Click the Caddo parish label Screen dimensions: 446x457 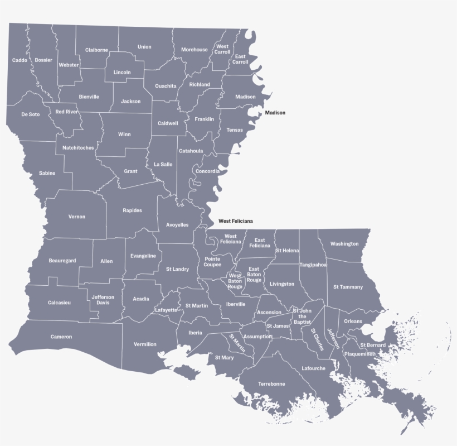pyautogui.click(x=20, y=60)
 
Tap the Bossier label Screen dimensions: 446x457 pyautogui.click(x=43, y=60)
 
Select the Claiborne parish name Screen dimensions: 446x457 pyautogui.click(x=96, y=50)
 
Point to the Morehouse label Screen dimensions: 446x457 pyautogui.click(x=194, y=50)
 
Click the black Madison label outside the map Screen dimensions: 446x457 pyautogui.click(x=275, y=113)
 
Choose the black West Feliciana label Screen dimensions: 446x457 pyautogui.click(x=235, y=221)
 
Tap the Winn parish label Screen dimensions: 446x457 pyautogui.click(x=124, y=135)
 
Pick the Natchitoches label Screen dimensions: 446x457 pyautogui.click(x=78, y=148)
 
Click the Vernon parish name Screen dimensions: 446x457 pyautogui.click(x=77, y=217)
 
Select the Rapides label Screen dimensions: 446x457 pyautogui.click(x=132, y=210)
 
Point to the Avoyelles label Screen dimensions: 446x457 pyautogui.click(x=177, y=225)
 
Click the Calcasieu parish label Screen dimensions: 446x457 pyautogui.click(x=59, y=303)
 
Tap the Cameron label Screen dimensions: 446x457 pyautogui.click(x=61, y=337)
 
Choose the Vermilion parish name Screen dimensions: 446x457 pyautogui.click(x=145, y=344)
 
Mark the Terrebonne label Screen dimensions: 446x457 pyautogui.click(x=271, y=384)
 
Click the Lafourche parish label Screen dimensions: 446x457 pyautogui.click(x=313, y=368)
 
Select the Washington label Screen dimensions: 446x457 pyautogui.click(x=344, y=244)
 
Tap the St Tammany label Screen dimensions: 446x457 pyautogui.click(x=348, y=287)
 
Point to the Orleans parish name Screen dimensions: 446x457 pyautogui.click(x=353, y=322)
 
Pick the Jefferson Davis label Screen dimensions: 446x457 pyautogui.click(x=103, y=300)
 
